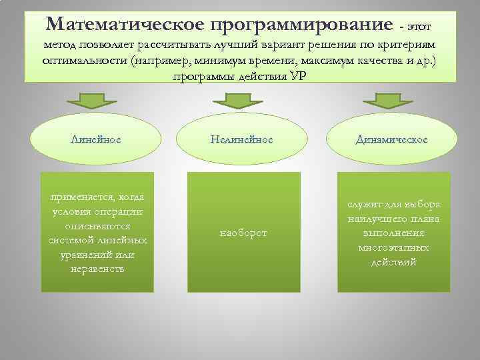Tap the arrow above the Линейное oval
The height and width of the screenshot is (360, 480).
(92, 100)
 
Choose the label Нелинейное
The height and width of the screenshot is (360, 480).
(241, 139)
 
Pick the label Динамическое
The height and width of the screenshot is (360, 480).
(392, 139)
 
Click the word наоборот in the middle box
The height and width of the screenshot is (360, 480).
(243, 233)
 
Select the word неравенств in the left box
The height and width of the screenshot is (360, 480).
(97, 269)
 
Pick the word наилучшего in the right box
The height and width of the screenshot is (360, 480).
(375, 219)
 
